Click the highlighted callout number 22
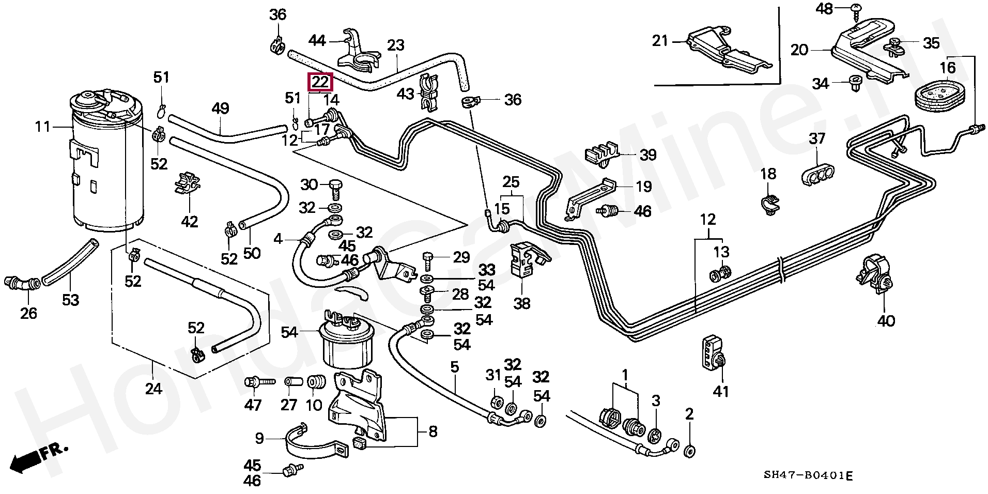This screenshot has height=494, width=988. click(320, 82)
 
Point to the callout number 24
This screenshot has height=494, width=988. click(153, 389)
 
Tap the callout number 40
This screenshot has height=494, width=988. click(886, 321)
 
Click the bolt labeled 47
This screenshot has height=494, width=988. click(259, 383)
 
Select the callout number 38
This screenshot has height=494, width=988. click(522, 303)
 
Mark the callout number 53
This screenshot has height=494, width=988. click(71, 300)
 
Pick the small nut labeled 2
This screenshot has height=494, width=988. click(689, 452)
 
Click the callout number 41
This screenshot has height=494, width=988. click(721, 392)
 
